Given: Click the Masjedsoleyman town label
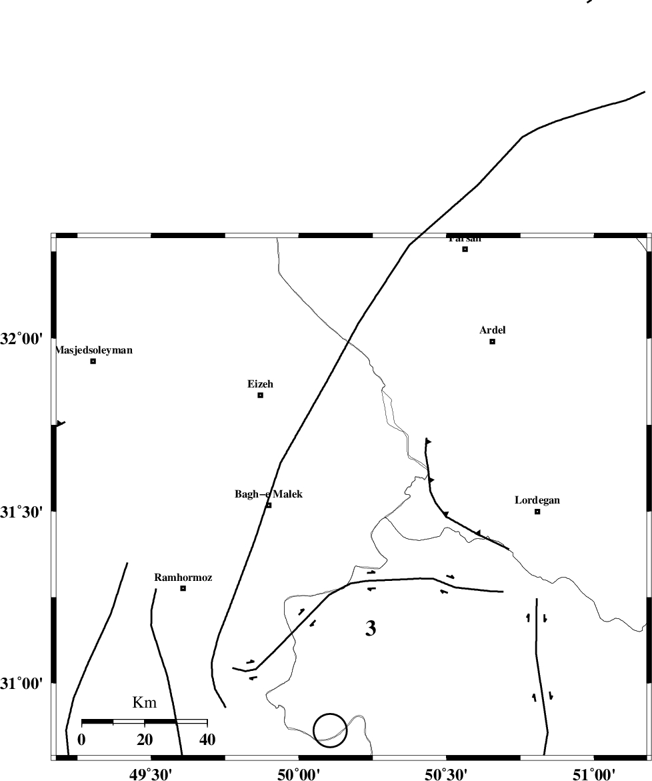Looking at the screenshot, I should tap(94, 350).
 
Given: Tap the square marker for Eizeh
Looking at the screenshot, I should tap(261, 396).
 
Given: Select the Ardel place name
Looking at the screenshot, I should tap(493, 330).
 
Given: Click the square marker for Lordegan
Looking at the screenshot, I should tap(537, 512).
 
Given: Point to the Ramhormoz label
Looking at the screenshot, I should tap(183, 578).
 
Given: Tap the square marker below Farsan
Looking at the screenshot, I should tap(465, 249).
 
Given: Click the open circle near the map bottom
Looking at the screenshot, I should tap(330, 730).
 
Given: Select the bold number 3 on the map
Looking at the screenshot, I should tap(371, 628).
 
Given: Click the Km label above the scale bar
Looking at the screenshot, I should tap(145, 702).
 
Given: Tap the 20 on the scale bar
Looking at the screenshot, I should tap(145, 739).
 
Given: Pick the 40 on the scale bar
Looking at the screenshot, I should tap(207, 739).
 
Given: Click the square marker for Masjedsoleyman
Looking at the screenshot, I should tap(93, 361).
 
